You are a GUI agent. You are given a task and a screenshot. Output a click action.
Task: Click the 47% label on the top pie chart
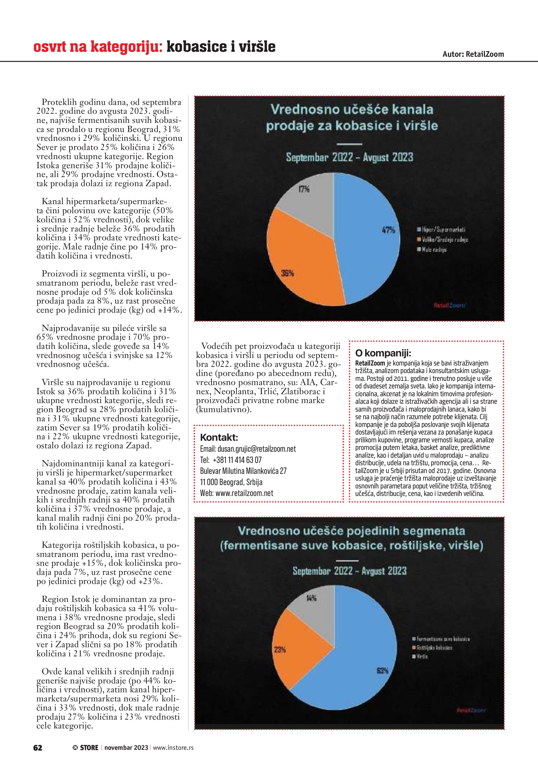point(388,230)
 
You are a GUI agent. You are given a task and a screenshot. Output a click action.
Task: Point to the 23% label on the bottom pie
point(280,649)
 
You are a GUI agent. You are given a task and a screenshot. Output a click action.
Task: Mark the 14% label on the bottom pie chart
point(311,598)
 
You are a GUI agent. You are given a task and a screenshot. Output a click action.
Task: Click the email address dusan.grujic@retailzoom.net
point(256,449)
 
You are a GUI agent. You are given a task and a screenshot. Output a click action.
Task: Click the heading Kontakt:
point(219,437)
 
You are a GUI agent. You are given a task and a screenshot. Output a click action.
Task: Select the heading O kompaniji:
point(383,353)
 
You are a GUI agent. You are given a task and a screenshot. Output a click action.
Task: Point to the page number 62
point(38,747)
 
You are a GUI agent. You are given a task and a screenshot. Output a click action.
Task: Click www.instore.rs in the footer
point(173,747)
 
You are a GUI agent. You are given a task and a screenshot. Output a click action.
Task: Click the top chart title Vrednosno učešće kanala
point(351,109)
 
